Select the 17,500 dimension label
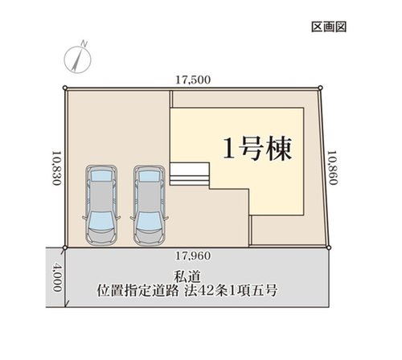click(193, 80)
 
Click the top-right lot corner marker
click(319, 87)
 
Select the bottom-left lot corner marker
click(67, 246)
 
